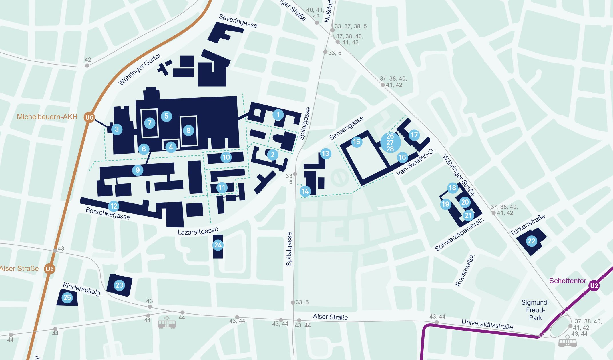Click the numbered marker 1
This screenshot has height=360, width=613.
(x=278, y=115)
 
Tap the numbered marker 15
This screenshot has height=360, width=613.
(x=357, y=142)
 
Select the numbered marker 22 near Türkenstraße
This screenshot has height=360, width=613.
(x=531, y=241)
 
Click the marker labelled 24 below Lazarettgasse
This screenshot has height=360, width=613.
(x=218, y=245)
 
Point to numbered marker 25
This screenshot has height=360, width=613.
(x=67, y=297)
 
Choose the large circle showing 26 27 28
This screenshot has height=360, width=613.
(x=390, y=142)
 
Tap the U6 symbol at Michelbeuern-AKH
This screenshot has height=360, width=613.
(x=89, y=117)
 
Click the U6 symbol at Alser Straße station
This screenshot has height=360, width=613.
(x=49, y=269)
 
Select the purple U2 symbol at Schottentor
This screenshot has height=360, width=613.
(x=594, y=285)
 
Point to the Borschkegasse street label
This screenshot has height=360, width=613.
(x=108, y=213)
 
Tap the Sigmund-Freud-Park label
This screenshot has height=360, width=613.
(x=535, y=310)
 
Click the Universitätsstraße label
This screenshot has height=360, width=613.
(x=487, y=324)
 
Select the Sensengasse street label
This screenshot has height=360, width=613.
(x=346, y=128)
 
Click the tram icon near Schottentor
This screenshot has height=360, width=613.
(x=567, y=342)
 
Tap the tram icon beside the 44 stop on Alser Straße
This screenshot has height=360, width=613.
(x=167, y=323)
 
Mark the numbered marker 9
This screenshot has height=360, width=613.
(x=138, y=170)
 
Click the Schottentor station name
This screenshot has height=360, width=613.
(x=568, y=281)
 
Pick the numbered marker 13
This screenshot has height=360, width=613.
(x=325, y=154)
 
